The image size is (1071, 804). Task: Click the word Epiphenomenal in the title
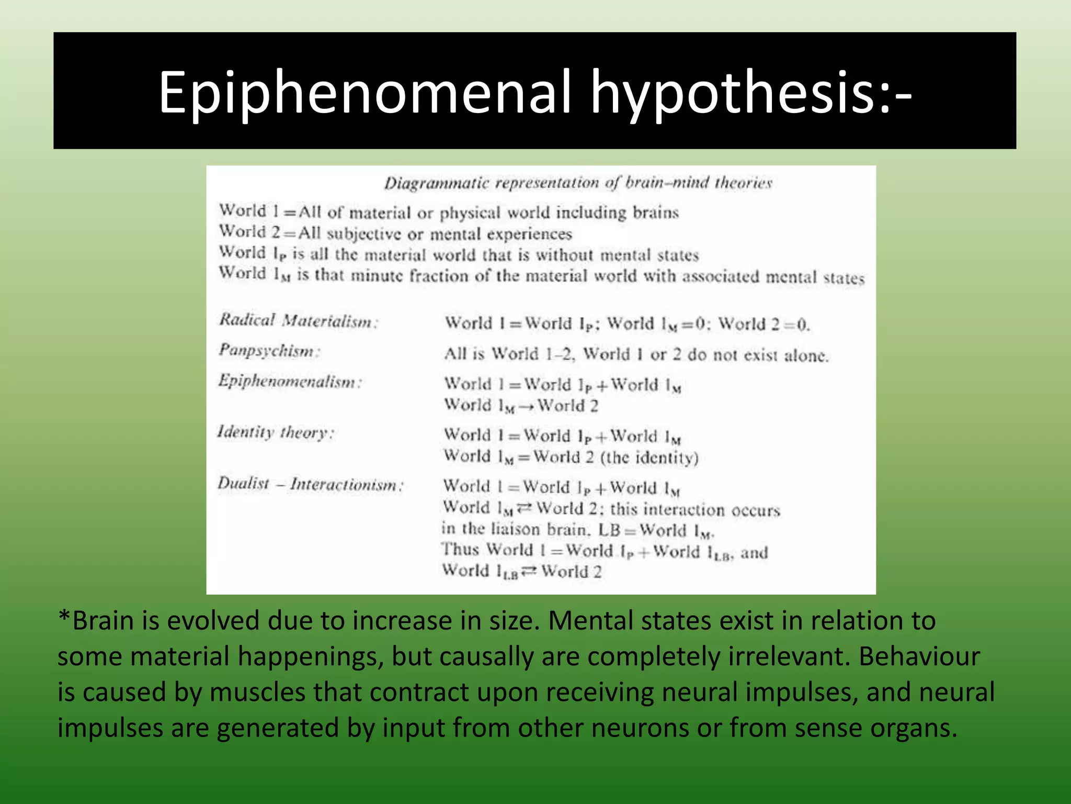[x=365, y=93]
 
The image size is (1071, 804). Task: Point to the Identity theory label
[x=276, y=432]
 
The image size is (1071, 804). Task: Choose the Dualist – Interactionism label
[x=310, y=484]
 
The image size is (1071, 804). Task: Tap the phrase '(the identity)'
[x=649, y=457]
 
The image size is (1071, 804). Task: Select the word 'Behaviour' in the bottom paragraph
[x=919, y=656]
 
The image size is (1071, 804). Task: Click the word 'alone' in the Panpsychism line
[x=806, y=356]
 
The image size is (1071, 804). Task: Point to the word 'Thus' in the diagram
[x=460, y=550]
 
